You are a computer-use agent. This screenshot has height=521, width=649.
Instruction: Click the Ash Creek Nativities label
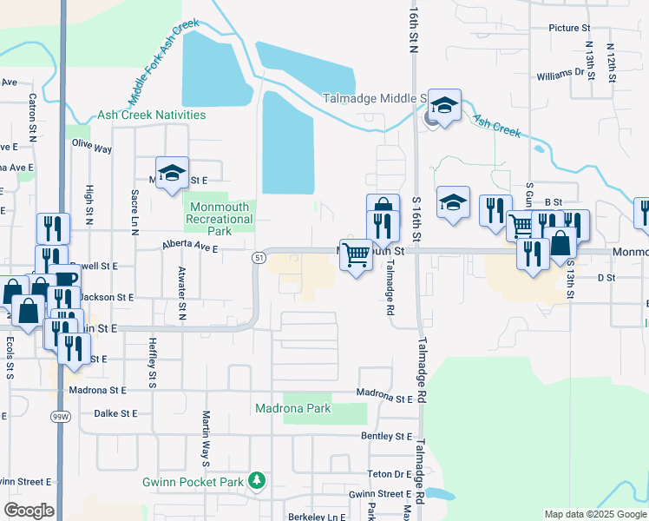point(152,115)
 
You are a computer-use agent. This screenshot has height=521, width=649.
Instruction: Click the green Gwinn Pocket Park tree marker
point(256,480)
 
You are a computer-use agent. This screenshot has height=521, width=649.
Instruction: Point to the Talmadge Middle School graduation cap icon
point(444,107)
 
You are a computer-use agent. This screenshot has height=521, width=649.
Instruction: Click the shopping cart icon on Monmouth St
point(356,255)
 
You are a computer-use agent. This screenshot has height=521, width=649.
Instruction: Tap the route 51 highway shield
point(259,258)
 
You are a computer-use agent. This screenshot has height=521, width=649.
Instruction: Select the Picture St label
point(569,28)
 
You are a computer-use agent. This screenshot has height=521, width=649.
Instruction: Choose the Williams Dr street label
point(560,76)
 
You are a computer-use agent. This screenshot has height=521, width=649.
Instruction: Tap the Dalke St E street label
point(115,413)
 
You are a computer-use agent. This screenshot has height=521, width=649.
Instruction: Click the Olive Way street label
point(91,146)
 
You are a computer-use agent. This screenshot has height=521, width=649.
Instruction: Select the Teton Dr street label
point(387,473)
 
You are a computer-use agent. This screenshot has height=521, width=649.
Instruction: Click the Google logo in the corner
point(29,511)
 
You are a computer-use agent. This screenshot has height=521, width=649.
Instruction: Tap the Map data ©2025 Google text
point(594,514)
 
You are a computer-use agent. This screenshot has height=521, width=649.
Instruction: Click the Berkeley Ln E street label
point(318,516)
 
